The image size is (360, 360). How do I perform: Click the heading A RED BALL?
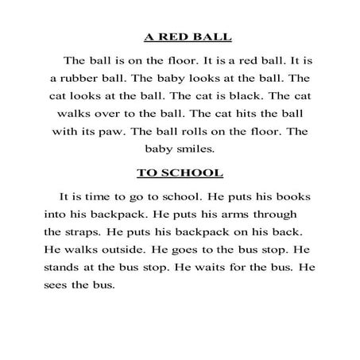coord(180,37)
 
